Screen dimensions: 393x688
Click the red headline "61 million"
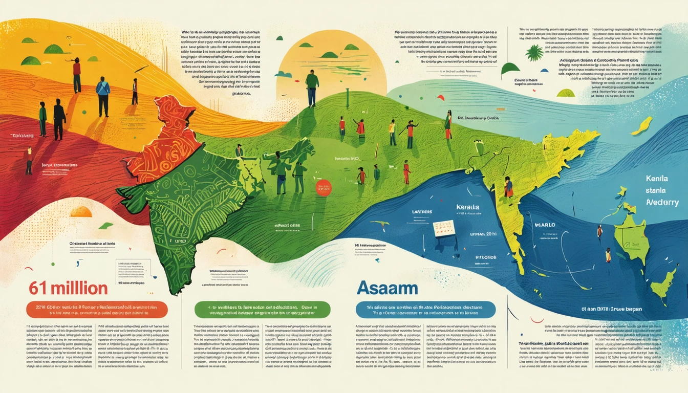[68, 288]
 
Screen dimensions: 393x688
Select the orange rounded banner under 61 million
[97, 310]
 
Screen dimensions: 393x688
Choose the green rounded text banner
[262, 310]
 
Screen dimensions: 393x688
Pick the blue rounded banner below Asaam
[425, 310]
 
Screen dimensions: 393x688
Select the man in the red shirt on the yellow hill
[77, 74]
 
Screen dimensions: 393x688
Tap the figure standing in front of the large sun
[312, 88]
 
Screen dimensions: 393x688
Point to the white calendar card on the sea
[443, 228]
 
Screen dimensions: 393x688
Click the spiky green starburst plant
[535, 53]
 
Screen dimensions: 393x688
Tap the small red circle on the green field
[324, 188]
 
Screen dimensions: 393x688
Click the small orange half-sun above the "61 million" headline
[81, 211]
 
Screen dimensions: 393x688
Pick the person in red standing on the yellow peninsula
[508, 188]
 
